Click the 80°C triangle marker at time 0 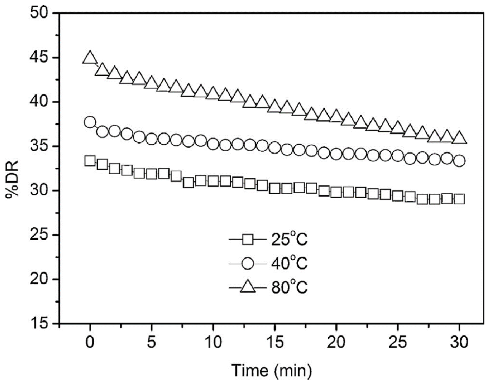pyautogui.click(x=90, y=58)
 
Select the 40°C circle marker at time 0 pyautogui.click(x=90, y=122)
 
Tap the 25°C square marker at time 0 pyautogui.click(x=90, y=161)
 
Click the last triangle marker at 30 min pyautogui.click(x=459, y=138)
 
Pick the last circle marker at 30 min pyautogui.click(x=459, y=161)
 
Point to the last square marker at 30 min pyautogui.click(x=459, y=199)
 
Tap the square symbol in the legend pyautogui.click(x=248, y=239)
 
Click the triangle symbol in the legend pyautogui.click(x=248, y=287)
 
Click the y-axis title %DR pyautogui.click(x=12, y=179)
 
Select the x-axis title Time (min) pyautogui.click(x=271, y=371)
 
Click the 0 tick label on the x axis pyautogui.click(x=90, y=342)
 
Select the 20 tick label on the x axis pyautogui.click(x=336, y=342)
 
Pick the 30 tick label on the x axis pyautogui.click(x=459, y=342)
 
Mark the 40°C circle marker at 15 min pyautogui.click(x=274, y=147)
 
